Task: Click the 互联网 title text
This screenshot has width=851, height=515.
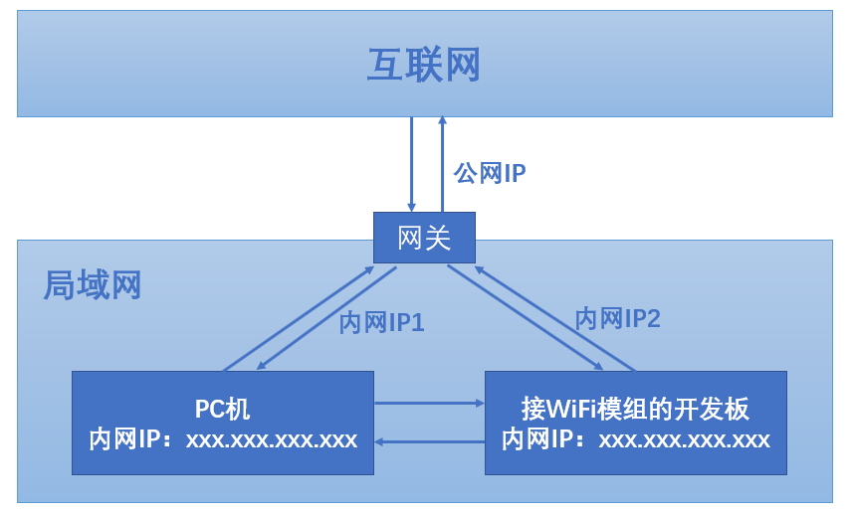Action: click(x=424, y=65)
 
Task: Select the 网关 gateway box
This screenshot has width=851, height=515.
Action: click(x=424, y=238)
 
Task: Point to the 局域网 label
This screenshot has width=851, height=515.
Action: click(x=93, y=285)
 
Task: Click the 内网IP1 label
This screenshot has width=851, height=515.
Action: click(x=382, y=323)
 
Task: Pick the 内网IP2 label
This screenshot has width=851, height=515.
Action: click(x=617, y=319)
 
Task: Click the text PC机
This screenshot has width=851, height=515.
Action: click(x=223, y=409)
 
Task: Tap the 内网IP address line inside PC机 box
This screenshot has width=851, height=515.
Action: click(x=223, y=439)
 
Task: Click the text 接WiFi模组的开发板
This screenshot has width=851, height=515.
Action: click(x=635, y=409)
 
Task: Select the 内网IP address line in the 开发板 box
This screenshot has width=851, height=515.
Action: click(x=635, y=439)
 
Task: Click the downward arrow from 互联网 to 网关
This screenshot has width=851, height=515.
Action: click(x=411, y=164)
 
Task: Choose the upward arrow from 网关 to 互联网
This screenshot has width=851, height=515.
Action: click(x=443, y=164)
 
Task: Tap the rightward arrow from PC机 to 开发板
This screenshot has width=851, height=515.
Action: click(x=428, y=404)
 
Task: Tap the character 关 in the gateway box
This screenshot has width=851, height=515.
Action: click(x=438, y=239)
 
